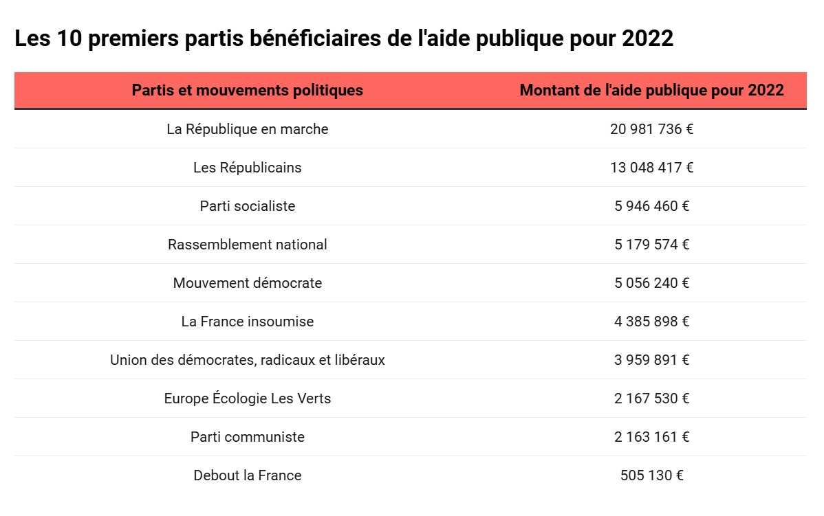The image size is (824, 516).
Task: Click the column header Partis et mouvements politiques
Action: point(247,90)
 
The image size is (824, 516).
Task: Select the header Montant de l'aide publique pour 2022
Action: point(651,90)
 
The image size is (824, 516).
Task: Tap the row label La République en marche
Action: point(247,129)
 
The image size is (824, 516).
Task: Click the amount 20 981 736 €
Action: point(651,129)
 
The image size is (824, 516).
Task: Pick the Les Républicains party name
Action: point(247,168)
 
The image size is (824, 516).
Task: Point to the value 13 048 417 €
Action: point(651,168)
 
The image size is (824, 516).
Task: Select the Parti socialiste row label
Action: point(247,206)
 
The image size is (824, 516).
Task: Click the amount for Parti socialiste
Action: point(651,206)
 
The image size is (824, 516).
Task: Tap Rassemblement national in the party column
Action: point(247,245)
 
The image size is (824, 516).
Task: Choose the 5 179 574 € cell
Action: point(651,245)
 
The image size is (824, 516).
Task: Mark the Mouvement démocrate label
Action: point(247,283)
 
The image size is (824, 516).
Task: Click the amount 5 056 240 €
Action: point(651,283)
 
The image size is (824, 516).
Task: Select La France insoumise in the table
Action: point(247,322)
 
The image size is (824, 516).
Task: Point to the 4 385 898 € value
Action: point(651,322)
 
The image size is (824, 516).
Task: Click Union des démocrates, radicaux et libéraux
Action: point(247,360)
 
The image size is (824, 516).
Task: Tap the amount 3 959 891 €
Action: point(651,360)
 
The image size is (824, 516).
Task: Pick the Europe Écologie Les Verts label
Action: point(247,399)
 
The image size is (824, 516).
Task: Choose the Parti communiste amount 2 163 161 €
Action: point(651,437)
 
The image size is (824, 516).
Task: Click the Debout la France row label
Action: point(247,475)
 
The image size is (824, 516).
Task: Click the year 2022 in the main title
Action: point(647,39)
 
